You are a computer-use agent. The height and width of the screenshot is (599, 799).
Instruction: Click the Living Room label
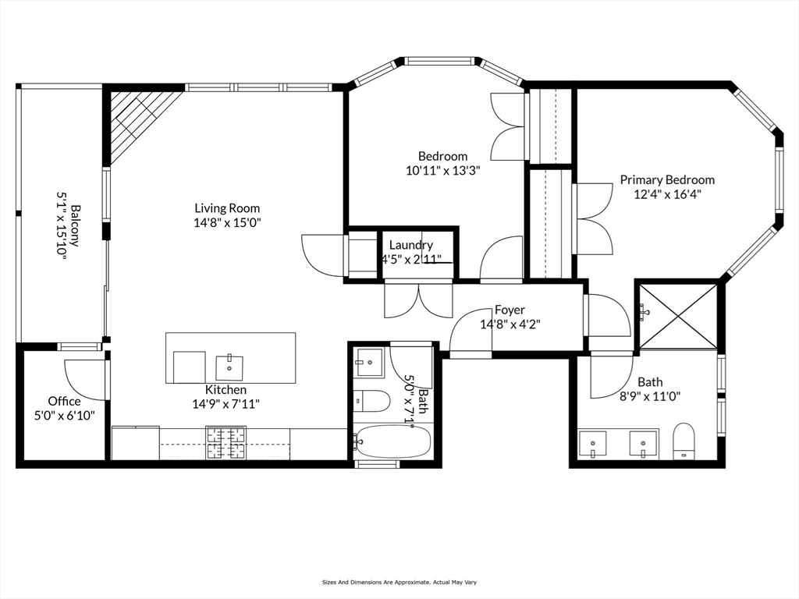pos(227,208)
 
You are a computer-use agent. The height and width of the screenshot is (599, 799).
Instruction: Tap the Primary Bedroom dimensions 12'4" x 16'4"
pos(667,194)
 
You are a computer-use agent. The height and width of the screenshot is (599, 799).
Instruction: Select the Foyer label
pos(510,310)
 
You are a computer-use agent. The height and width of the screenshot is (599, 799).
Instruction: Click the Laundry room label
pos(410,245)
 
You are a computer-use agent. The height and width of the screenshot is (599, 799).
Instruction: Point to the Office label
pos(64,401)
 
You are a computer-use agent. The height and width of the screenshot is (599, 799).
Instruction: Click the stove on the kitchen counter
pos(225,443)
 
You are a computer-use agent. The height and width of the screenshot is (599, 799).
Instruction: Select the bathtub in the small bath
pos(392,442)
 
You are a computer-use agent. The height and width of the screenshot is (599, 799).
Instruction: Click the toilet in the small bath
pos(372,402)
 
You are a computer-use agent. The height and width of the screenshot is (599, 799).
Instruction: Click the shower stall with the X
pos(677,314)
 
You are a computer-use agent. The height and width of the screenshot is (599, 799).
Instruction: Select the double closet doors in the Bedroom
pos(507,126)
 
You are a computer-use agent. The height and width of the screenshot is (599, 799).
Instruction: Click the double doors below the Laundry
pos(418,301)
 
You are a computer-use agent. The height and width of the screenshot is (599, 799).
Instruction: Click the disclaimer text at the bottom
pos(399,582)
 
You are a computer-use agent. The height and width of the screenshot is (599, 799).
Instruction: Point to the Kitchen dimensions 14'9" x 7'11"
pos(226,403)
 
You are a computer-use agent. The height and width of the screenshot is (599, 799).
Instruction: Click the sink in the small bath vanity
pos(369,362)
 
